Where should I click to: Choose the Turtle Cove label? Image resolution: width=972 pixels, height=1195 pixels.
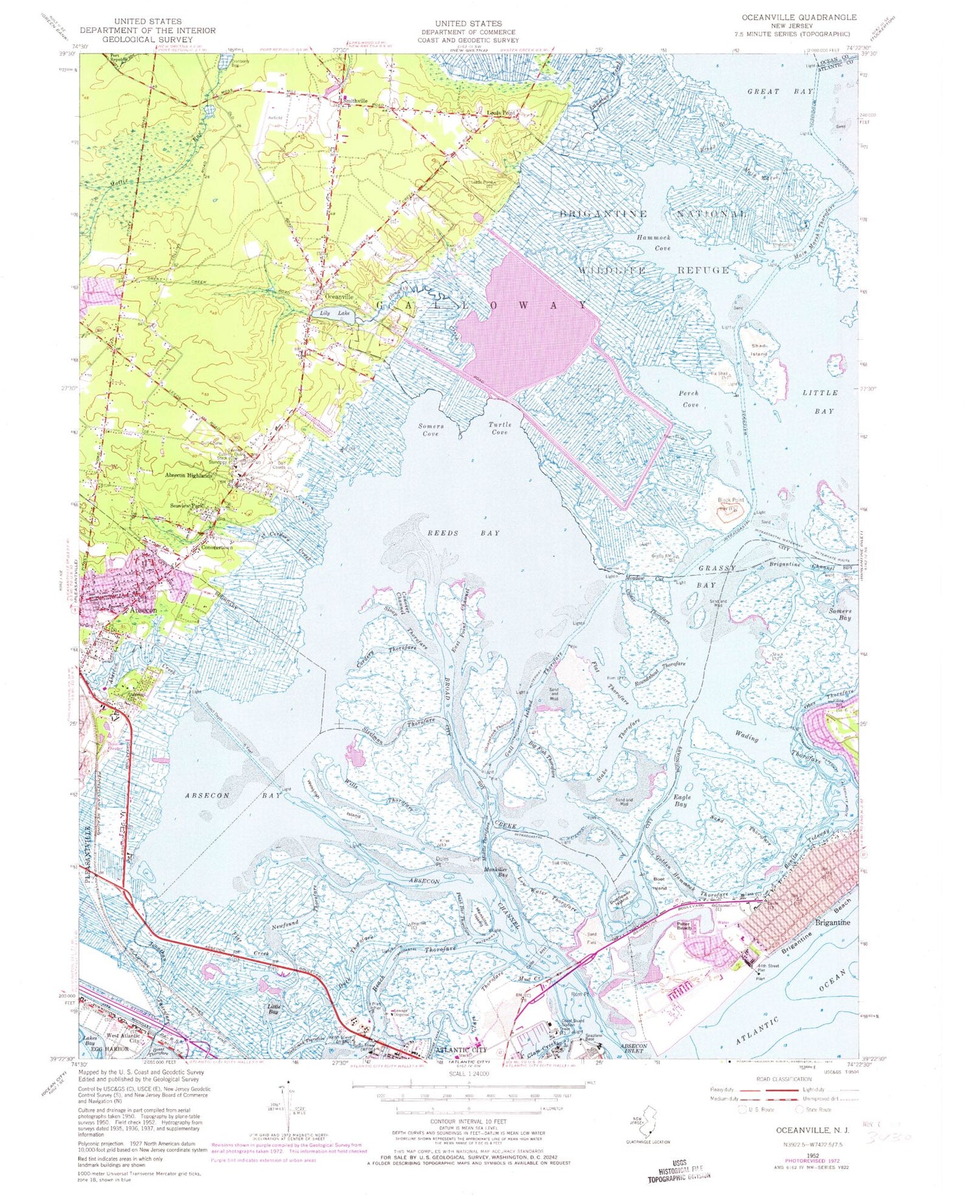(x=500, y=429)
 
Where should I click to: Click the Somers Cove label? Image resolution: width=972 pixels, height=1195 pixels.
(x=431, y=430)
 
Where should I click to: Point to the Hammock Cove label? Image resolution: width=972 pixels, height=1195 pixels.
(x=653, y=243)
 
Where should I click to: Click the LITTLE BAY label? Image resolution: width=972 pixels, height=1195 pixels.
(x=820, y=401)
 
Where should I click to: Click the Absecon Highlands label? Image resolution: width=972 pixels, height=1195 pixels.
(x=189, y=475)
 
